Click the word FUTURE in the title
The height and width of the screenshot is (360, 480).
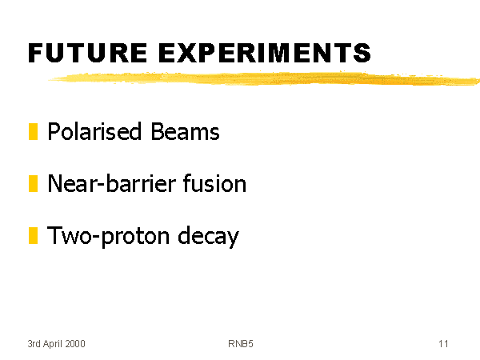[x=87, y=53]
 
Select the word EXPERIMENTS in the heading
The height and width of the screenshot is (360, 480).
[x=265, y=53]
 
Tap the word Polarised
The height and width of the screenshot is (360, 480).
[x=94, y=131]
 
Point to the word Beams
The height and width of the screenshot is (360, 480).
[x=185, y=131]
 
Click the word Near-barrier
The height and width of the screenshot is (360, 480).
[x=112, y=183]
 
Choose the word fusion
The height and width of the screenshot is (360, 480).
[x=214, y=183]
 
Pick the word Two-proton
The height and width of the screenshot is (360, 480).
[x=108, y=236]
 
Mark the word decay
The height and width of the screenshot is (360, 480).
[x=208, y=236]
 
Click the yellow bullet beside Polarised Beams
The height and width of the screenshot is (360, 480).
[x=33, y=132]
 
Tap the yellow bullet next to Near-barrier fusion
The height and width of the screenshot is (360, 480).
[x=33, y=184]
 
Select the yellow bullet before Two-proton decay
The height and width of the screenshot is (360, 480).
[x=33, y=236]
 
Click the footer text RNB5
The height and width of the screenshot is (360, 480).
[x=241, y=344]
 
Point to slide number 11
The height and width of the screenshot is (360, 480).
[x=443, y=344]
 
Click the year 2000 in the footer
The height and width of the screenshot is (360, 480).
[x=75, y=344]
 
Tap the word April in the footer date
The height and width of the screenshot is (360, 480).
[x=53, y=344]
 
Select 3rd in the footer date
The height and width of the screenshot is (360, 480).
[x=34, y=344]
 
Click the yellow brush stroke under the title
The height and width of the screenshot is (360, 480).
[x=264, y=78]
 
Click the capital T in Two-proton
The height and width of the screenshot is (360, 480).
[x=54, y=235]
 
